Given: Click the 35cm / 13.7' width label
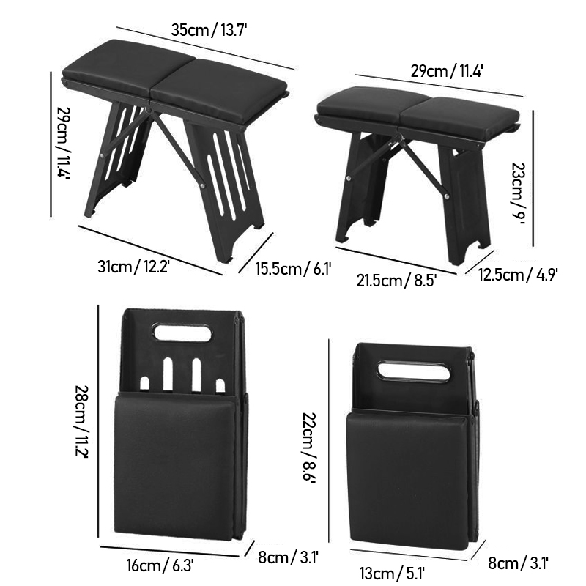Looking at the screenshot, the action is click(x=209, y=30).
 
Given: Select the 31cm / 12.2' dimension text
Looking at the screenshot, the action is click(x=134, y=267).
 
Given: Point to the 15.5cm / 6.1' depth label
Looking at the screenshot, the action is click(x=294, y=269).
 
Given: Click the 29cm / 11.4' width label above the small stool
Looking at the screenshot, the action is click(x=447, y=70).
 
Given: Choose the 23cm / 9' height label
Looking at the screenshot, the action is click(x=519, y=193).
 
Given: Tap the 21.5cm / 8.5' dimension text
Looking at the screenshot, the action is click(x=396, y=281).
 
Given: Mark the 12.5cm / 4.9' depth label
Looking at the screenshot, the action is click(x=518, y=275).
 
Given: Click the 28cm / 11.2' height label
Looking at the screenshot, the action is click(x=81, y=421).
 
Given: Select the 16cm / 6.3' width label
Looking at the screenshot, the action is click(x=160, y=565).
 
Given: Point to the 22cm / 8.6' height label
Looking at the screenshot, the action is click(x=309, y=448).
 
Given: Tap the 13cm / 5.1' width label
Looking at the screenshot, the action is click(x=392, y=573).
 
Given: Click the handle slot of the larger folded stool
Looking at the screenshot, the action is click(x=182, y=333).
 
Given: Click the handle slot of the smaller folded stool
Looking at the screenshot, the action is click(x=414, y=371).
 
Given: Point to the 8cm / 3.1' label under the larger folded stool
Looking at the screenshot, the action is click(x=288, y=557).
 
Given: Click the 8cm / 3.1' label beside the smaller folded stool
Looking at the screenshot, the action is click(x=518, y=563).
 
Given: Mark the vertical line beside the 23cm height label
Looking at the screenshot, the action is click(x=533, y=178).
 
